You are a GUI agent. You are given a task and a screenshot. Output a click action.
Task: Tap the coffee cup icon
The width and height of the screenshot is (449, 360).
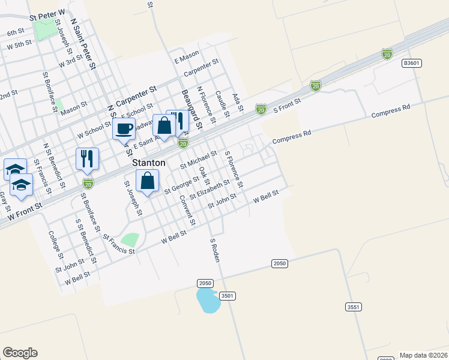tap(124, 128)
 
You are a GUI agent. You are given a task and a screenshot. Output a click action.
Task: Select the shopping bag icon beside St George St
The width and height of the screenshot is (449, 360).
tap(148, 180)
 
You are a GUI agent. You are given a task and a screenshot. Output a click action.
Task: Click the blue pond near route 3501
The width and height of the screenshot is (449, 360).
tap(208, 300)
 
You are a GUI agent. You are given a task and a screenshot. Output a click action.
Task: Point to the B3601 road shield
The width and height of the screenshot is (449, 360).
tap(411, 62)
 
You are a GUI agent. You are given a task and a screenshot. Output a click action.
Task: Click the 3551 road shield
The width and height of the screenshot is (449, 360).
tap(354, 307)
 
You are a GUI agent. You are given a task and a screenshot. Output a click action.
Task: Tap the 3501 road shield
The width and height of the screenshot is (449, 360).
tap(227, 296)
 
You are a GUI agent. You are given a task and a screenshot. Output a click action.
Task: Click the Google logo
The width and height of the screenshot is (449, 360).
tap(20, 353)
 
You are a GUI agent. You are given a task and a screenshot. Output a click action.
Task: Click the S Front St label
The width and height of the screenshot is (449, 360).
tap(286, 106)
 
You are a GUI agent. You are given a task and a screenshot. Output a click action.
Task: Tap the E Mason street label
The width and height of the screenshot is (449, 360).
tap(186, 58)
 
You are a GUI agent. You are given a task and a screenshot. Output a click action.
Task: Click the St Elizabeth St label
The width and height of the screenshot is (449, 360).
tap(209, 189)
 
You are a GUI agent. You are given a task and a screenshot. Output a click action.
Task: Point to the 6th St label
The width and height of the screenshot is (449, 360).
tap(16, 32)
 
